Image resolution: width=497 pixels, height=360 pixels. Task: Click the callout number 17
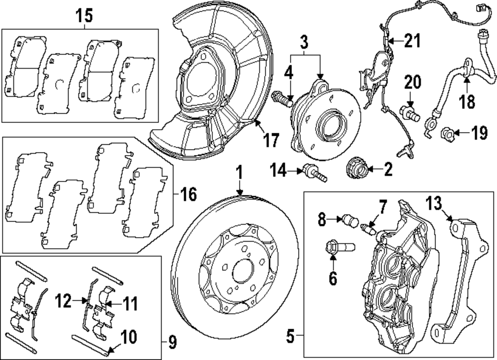(x=271, y=141)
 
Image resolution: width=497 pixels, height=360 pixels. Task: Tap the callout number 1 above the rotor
(x=239, y=174)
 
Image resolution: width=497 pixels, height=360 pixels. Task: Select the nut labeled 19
(x=447, y=133)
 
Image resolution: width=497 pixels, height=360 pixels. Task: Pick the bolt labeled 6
(x=338, y=247)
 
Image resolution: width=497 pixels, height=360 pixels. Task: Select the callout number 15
(x=84, y=15)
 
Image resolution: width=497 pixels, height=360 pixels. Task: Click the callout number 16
(x=189, y=193)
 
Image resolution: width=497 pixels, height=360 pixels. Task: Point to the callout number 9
(x=172, y=343)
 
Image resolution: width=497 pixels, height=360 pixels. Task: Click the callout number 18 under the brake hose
(x=467, y=101)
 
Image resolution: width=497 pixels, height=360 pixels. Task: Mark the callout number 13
(x=433, y=203)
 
